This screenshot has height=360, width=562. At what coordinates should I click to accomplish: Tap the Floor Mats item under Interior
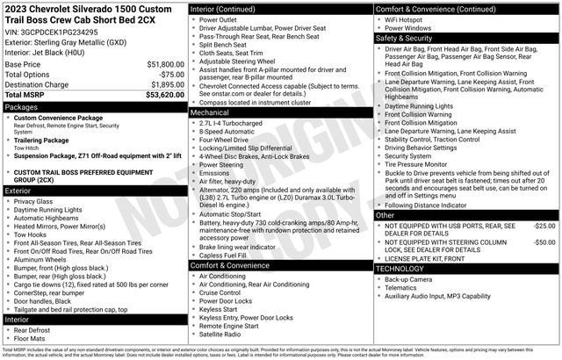point(32,337)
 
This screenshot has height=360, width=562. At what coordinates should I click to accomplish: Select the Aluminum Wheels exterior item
point(40,260)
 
